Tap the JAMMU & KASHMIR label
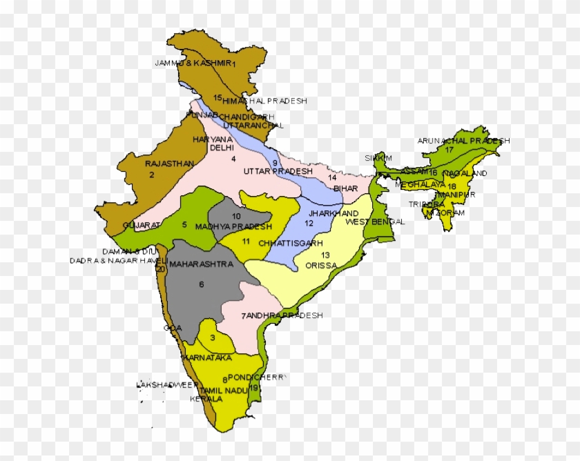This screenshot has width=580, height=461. point(193,63)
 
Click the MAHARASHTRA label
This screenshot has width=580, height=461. point(201,264)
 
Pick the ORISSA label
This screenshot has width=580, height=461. point(321,265)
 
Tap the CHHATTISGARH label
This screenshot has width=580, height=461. point(291,244)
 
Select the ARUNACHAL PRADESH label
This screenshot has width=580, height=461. point(463,141)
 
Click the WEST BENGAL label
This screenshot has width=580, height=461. point(373,222)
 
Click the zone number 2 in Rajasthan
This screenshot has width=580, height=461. point(151,175)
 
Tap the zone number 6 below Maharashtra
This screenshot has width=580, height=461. point(202,284)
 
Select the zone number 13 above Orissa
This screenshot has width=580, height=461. point(325,255)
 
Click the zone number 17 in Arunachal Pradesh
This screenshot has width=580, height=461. point(449,149)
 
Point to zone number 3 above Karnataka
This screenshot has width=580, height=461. point(213,337)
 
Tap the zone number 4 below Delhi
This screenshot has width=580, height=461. point(233,159)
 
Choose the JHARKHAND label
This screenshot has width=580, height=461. point(333,213)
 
